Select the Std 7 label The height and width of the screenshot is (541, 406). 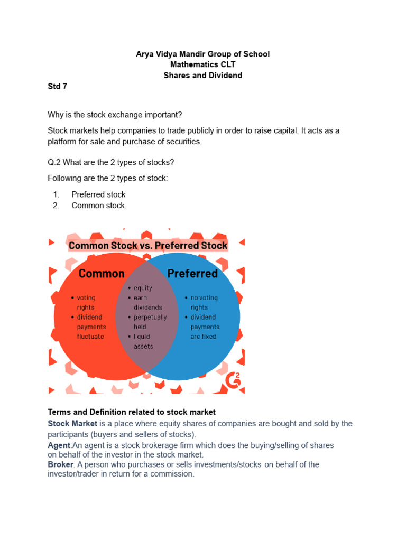coord(58,87)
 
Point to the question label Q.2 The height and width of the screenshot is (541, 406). coord(55,162)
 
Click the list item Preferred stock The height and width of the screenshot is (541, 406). coord(98,194)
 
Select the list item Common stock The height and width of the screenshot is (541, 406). coord(99,206)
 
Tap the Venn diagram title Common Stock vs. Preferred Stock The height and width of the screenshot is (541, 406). coord(148,246)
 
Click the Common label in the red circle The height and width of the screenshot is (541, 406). coord(101,274)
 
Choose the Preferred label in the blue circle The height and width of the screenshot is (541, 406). coord(192,274)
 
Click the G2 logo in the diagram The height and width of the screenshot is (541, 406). coord(233,378)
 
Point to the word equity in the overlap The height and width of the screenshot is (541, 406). coord(143,288)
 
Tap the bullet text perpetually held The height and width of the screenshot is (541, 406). coord(150,322)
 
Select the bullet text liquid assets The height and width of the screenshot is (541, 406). coord(143,341)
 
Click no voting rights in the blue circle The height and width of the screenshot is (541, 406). coord(204,303)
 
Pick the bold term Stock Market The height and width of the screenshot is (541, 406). coord(72,423)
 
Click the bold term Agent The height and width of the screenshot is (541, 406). coord(58,445)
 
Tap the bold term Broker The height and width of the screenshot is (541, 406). coord(60,464)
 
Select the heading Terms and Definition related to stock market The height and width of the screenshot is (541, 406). coord(132,412)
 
